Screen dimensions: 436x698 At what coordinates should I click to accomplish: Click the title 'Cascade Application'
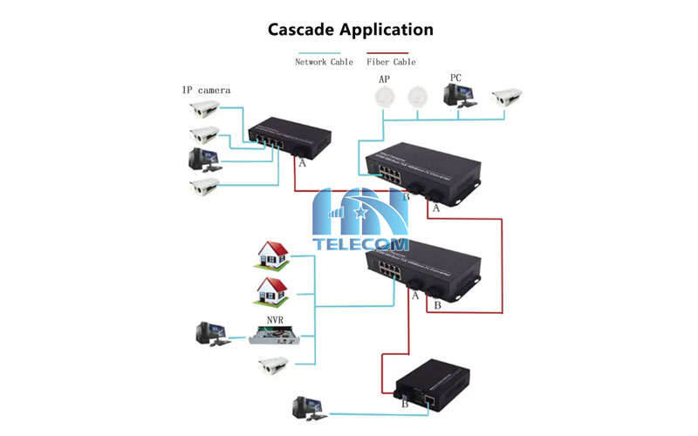coord(349,29)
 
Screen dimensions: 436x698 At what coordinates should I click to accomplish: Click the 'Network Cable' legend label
coord(324,62)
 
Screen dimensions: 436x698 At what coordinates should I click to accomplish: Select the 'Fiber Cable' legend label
coord(391,62)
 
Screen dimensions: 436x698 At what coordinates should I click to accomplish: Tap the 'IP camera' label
coord(207,90)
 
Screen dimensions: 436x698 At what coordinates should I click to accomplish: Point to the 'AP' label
coord(382,79)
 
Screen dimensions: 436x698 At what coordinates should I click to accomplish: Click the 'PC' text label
coord(455,78)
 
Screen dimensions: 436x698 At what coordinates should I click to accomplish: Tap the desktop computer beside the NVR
coord(212,333)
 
